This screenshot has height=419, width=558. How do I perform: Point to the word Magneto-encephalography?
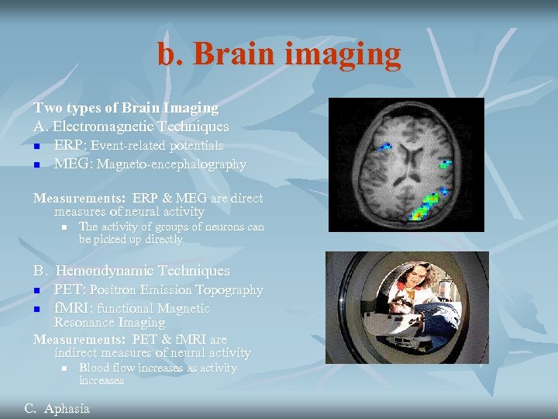[x=171, y=164]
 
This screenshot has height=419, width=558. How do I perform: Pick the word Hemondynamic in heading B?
[x=104, y=271]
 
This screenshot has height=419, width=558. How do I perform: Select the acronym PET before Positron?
[x=69, y=289]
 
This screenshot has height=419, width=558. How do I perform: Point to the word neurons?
[x=226, y=227]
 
